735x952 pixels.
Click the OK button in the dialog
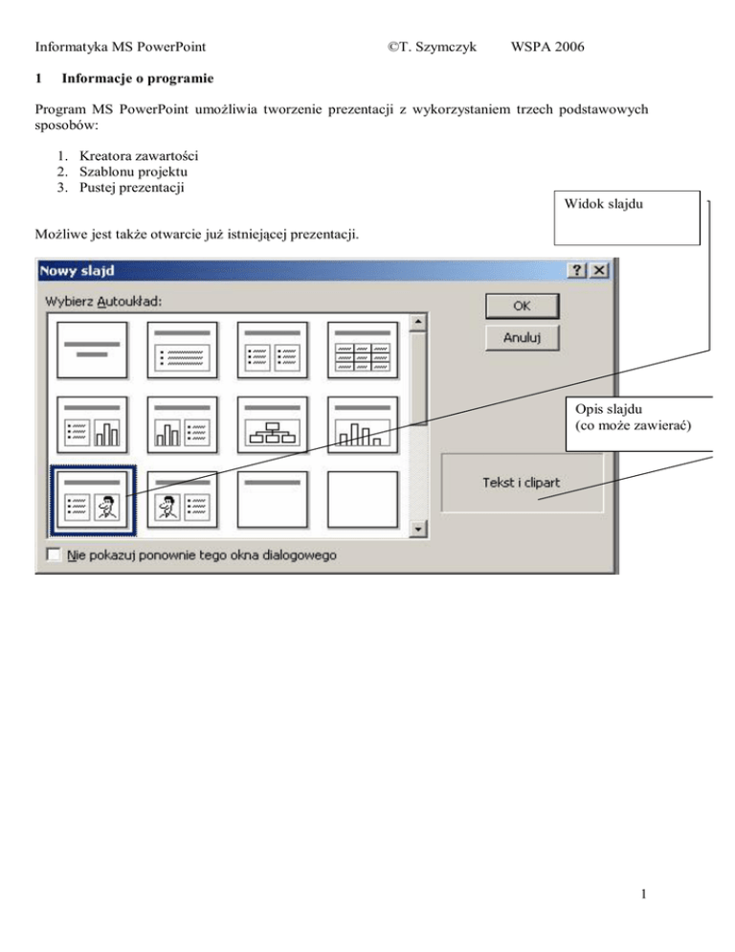click(522, 306)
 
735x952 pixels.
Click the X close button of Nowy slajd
click(600, 271)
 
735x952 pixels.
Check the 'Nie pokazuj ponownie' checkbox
click(54, 555)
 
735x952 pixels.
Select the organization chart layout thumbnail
click(271, 426)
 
